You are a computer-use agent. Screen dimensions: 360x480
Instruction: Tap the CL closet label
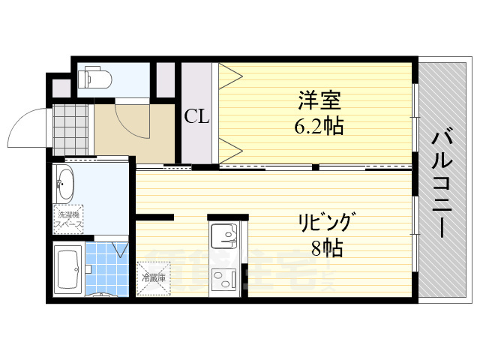click(x=196, y=116)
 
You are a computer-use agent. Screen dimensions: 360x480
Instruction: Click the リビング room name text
click(x=324, y=223)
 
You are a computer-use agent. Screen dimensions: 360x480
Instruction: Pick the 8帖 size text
click(x=327, y=248)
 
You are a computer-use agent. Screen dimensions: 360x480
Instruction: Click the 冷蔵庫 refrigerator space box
click(x=153, y=277)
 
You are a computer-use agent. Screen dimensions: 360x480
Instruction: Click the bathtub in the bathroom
click(x=68, y=268)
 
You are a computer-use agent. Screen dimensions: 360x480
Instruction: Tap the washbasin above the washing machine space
click(x=64, y=184)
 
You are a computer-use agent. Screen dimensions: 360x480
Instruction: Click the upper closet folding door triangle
click(x=229, y=74)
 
